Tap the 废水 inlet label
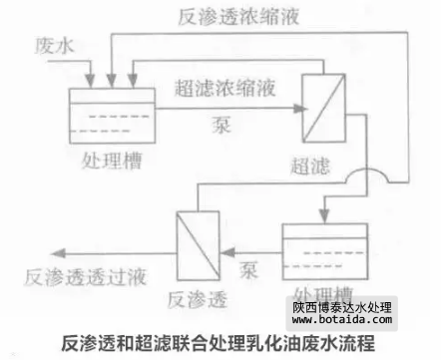[x=51, y=47]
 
